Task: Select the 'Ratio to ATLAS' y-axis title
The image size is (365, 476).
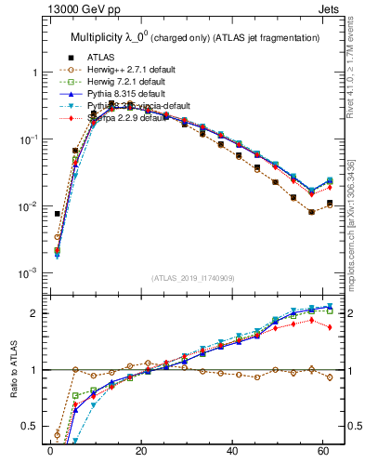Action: tap(13, 370)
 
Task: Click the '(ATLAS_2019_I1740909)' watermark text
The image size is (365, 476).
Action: tap(193, 278)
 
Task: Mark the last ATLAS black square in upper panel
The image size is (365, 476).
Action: tap(330, 202)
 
